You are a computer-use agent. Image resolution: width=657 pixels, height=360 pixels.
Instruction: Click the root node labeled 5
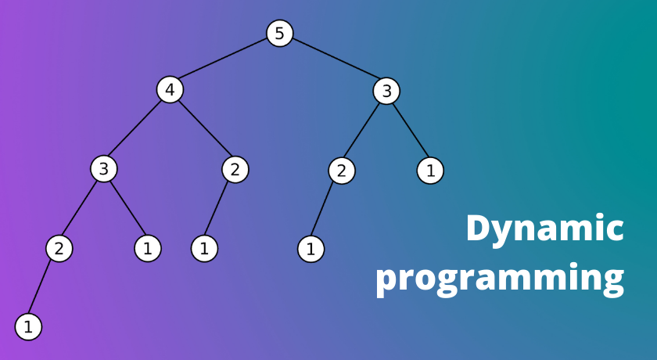click(280, 33)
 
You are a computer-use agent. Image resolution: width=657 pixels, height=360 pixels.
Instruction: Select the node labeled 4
click(171, 90)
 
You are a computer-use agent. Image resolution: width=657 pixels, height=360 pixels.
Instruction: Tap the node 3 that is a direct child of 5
click(386, 91)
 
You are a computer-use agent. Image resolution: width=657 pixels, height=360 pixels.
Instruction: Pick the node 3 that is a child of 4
click(104, 169)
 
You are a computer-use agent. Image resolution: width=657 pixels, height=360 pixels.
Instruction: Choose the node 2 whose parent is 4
click(235, 170)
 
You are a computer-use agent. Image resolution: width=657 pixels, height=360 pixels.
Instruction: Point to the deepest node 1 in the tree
click(28, 327)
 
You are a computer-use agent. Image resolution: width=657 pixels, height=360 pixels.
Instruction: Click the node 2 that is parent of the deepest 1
click(59, 249)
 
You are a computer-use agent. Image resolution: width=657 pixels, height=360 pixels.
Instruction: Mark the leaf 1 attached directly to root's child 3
click(430, 171)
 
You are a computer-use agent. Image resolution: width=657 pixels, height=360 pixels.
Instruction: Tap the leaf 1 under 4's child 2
click(204, 249)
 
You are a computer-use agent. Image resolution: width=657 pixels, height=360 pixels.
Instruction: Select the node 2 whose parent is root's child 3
click(342, 171)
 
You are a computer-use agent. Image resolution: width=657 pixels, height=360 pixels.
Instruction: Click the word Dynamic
click(545, 229)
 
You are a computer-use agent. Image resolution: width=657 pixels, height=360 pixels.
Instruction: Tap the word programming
click(500, 279)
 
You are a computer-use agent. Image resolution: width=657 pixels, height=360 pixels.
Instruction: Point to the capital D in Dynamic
click(479, 228)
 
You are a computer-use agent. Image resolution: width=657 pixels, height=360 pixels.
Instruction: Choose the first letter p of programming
click(387, 282)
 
